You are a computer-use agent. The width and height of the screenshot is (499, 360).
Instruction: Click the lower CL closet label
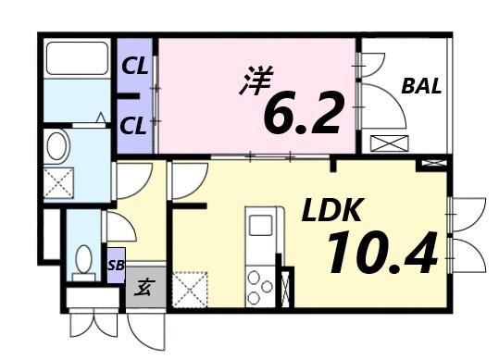point(134,124)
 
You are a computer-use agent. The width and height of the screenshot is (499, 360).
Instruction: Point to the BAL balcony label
point(421,88)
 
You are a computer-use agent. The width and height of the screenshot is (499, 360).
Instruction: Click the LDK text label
point(330,211)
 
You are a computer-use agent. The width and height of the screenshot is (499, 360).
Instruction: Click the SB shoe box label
point(115,265)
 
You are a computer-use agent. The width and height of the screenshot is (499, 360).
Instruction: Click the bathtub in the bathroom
point(77,60)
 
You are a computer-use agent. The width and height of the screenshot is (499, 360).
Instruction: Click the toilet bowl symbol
point(83,261)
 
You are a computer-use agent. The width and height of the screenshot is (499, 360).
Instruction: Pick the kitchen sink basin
point(260,225)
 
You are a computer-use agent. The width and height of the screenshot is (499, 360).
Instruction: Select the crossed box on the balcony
point(388,143)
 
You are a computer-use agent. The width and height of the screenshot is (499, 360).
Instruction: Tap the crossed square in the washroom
point(58,180)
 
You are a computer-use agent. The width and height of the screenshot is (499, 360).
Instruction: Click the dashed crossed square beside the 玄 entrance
point(191,289)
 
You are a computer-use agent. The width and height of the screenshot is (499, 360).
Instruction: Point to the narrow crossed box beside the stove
point(286,288)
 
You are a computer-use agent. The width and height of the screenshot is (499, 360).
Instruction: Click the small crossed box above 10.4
point(431,164)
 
